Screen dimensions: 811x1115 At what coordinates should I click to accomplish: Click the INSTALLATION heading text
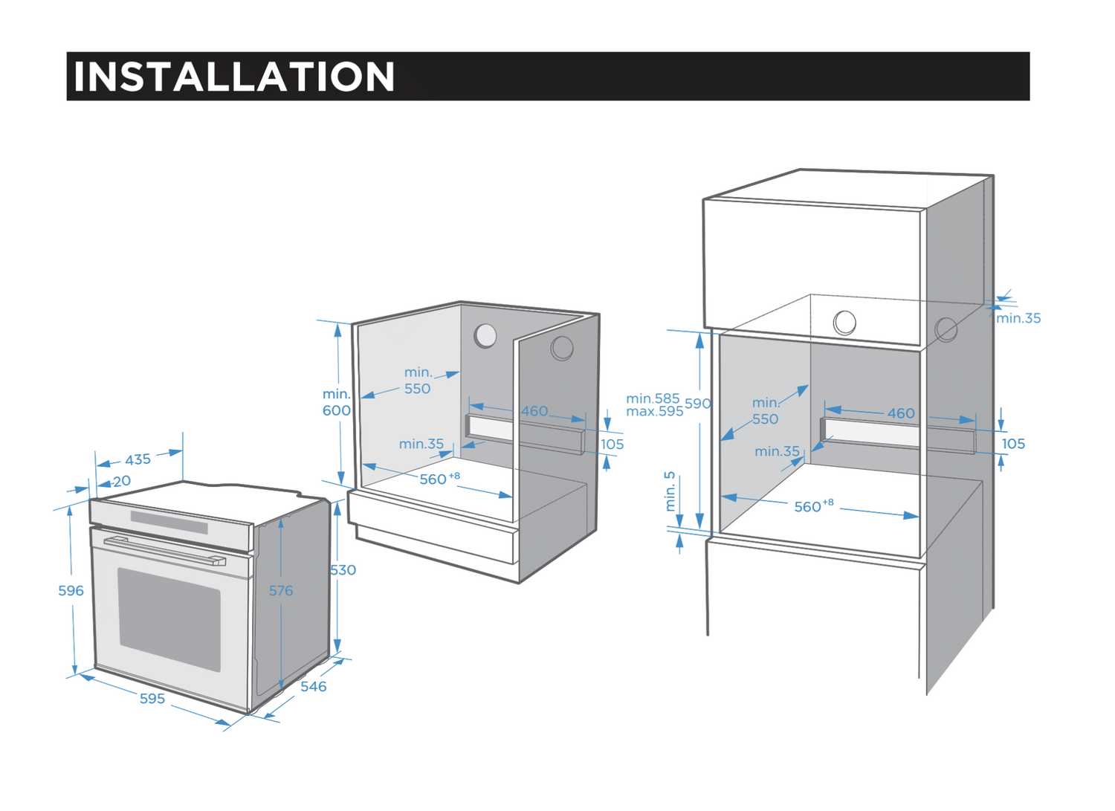[x=233, y=77]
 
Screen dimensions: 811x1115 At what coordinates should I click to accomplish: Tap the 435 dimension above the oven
[x=138, y=459]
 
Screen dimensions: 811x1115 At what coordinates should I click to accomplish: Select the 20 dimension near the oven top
[x=122, y=481]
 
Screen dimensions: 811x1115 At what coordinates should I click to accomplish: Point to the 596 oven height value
[x=71, y=590]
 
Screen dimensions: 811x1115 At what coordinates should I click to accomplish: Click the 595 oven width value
[x=152, y=698]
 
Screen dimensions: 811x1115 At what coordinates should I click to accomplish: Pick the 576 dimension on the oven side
[x=281, y=590]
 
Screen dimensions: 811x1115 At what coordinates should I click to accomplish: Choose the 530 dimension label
[x=343, y=570]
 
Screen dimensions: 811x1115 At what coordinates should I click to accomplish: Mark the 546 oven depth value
[x=313, y=686]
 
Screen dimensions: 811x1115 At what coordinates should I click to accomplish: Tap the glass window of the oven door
[x=169, y=618]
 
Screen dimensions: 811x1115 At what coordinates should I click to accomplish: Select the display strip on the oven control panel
[x=169, y=522]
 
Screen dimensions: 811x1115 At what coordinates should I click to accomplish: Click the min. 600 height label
[x=336, y=402]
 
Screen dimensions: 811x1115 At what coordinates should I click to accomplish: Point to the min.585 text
[x=653, y=398]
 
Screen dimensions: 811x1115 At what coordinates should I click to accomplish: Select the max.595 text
[x=654, y=411]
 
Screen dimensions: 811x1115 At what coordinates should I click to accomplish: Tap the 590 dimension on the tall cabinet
[x=698, y=404]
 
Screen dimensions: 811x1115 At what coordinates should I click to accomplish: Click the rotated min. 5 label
[x=670, y=491]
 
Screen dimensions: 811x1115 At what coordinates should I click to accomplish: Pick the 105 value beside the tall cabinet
[x=1013, y=444]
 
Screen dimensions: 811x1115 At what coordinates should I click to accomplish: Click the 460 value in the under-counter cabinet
[x=534, y=411]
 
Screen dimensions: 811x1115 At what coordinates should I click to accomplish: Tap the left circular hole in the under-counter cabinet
[x=485, y=335]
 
